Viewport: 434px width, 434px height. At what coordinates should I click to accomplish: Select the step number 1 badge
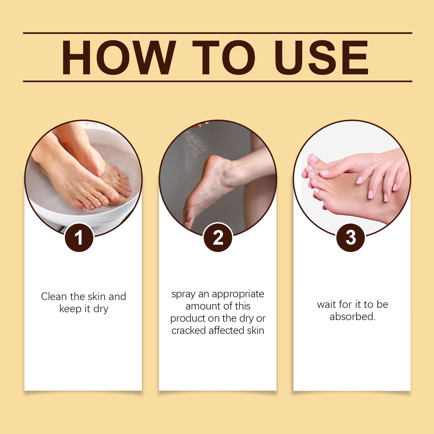pyautogui.click(x=79, y=238)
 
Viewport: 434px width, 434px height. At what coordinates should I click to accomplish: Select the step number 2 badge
pyautogui.click(x=218, y=238)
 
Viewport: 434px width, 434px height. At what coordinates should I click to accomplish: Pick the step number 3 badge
pyautogui.click(x=350, y=238)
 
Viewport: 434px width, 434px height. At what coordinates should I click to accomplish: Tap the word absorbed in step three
pyautogui.click(x=353, y=317)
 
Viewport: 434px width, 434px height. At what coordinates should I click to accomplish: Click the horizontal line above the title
pyautogui.click(x=218, y=33)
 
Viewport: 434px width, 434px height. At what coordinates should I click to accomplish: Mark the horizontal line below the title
pyautogui.click(x=218, y=81)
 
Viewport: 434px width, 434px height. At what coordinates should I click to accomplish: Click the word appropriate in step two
pyautogui.click(x=238, y=295)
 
